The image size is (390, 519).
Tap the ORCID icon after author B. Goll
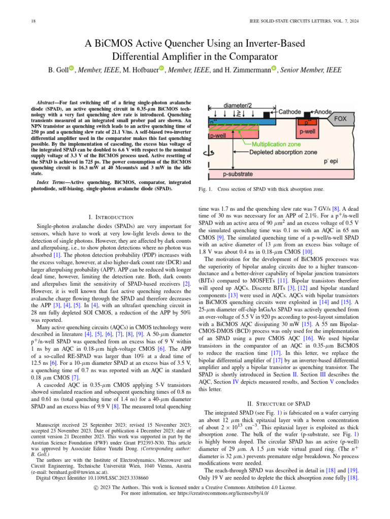pos(72,69)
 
